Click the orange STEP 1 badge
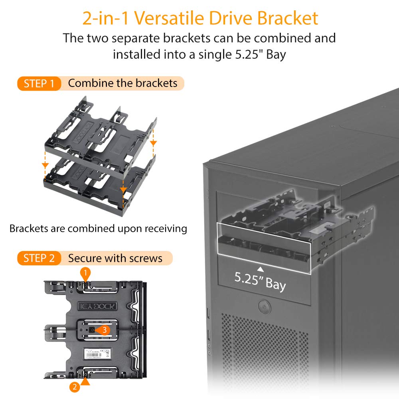(x=39, y=83)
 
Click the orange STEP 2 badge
(x=39, y=258)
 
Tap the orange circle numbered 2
(x=73, y=386)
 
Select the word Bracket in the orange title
(x=287, y=18)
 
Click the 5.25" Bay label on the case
(x=260, y=280)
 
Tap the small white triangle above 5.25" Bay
(x=260, y=268)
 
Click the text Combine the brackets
(x=122, y=83)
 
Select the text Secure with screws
(x=115, y=258)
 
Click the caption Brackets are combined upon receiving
(x=98, y=229)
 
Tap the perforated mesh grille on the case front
(x=263, y=351)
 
